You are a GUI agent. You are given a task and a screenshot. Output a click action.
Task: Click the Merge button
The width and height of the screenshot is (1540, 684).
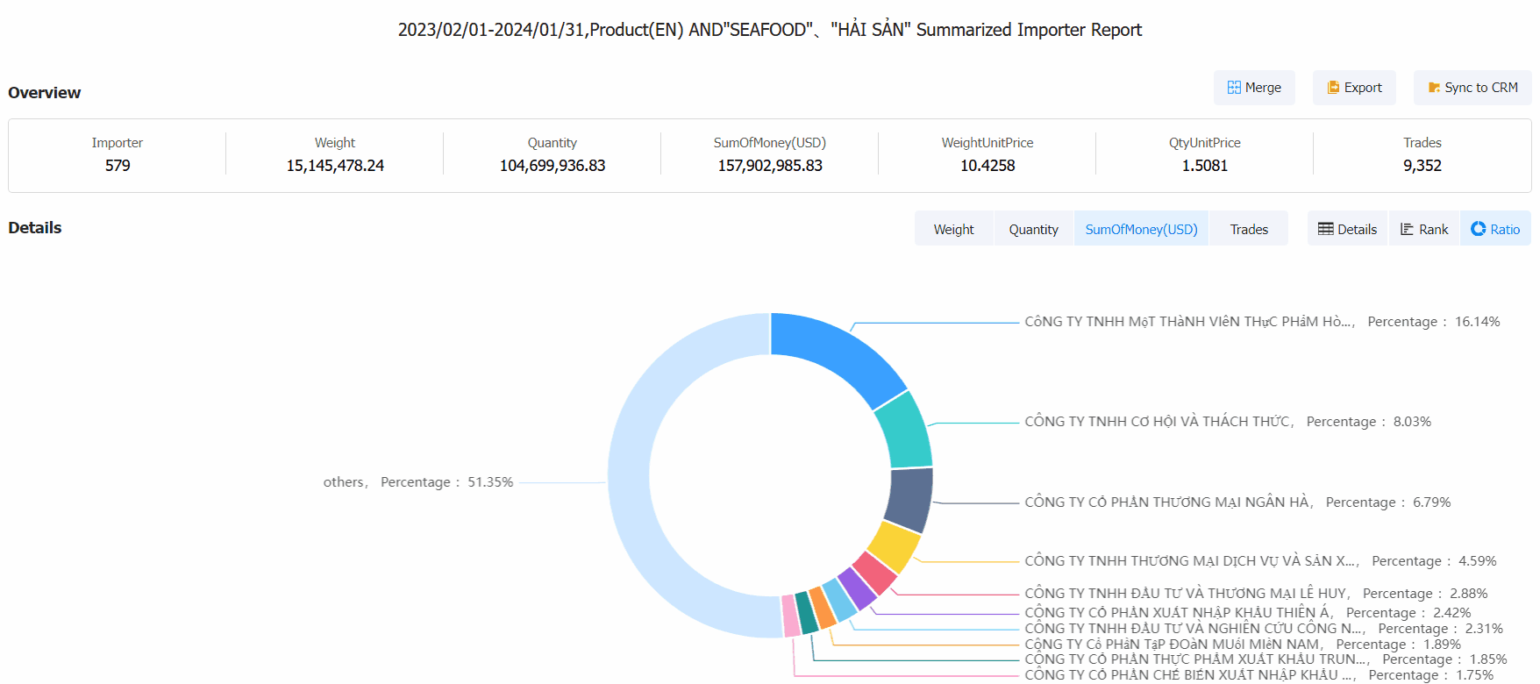tap(1254, 88)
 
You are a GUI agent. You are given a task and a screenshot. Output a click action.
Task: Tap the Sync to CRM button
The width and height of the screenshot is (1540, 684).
tap(1472, 88)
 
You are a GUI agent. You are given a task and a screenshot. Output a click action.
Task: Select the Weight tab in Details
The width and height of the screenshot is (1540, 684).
tap(953, 229)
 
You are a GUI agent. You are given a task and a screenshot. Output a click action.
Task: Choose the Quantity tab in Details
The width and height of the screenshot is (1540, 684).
tap(1033, 229)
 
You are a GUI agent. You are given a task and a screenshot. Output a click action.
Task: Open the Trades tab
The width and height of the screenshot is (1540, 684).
tap(1249, 229)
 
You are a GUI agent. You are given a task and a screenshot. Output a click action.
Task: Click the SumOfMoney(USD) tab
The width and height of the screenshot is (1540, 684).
tap(1141, 229)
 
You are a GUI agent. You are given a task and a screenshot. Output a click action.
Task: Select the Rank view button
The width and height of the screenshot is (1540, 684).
tap(1424, 229)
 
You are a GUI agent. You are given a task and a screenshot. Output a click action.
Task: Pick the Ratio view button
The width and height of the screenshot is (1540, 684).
tap(1495, 229)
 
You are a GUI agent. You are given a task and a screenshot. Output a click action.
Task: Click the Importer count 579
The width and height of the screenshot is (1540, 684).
tap(118, 166)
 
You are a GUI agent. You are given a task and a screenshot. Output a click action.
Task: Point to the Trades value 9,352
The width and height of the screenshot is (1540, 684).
tap(1422, 166)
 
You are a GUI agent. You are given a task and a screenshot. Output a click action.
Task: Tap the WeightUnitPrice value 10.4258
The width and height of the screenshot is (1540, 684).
tap(987, 166)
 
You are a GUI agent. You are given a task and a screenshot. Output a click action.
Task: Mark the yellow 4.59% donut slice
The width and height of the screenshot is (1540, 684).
tap(893, 545)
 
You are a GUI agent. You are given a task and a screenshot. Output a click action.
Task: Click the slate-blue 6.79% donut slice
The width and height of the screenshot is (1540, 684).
tap(909, 500)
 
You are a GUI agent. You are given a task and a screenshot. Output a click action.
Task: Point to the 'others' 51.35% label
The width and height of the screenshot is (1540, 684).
tap(417, 482)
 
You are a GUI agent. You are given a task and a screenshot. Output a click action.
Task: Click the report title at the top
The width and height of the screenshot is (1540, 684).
tap(769, 30)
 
